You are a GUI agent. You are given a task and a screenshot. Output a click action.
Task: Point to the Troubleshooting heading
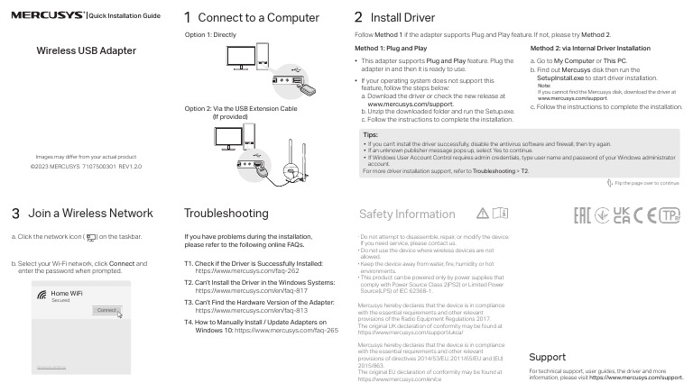pyautogui.click(x=226, y=214)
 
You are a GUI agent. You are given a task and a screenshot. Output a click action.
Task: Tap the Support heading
pyautogui.click(x=547, y=357)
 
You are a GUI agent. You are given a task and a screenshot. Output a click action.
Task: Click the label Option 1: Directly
pyautogui.click(x=210, y=34)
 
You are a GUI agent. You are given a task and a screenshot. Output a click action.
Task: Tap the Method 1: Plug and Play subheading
pyautogui.click(x=391, y=47)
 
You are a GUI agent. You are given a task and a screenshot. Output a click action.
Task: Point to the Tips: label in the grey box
pyautogui.click(x=370, y=134)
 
